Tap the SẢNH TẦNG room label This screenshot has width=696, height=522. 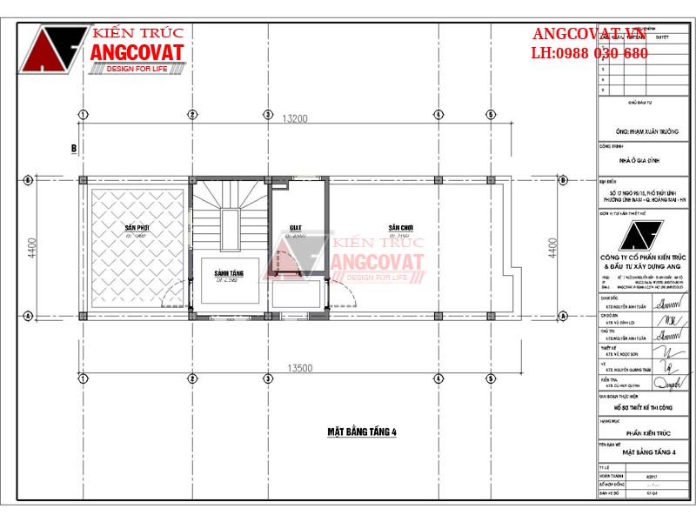pos(231,274)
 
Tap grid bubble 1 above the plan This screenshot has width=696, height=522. pos(83,114)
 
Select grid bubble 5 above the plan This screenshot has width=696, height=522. pos(491,114)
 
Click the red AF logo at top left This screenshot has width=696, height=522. pos(54,50)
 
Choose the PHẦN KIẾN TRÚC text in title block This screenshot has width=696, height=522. pos(643,432)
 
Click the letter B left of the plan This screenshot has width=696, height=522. pos(74,149)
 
